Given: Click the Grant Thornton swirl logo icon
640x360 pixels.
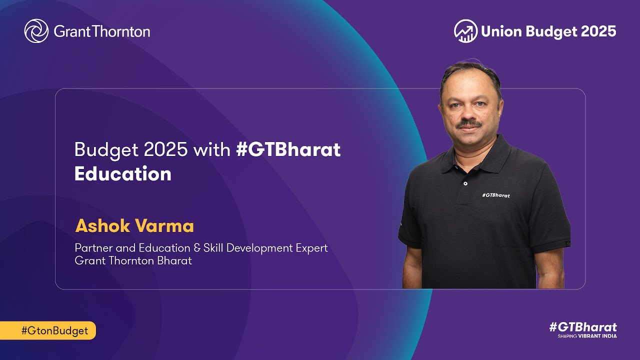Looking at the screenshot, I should [x=36, y=31].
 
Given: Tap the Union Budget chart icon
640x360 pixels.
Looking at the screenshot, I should [x=465, y=31].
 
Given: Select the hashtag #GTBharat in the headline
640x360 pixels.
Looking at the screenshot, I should [x=288, y=149].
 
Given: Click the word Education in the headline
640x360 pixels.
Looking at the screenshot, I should [x=123, y=173].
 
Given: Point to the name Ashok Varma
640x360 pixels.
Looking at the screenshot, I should [x=134, y=225].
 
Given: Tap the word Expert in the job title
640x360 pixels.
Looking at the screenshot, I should [x=311, y=248].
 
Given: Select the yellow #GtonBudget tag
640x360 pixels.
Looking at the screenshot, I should [x=47, y=330].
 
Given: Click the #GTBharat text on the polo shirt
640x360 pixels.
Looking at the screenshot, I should [x=495, y=195].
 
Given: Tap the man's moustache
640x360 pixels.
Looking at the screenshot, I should [x=470, y=123].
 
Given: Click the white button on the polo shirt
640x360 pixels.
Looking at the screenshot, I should [x=465, y=183].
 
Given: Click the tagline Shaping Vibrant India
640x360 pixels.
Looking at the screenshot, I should [x=587, y=336].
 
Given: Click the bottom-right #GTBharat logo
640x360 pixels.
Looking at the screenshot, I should [x=582, y=327].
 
